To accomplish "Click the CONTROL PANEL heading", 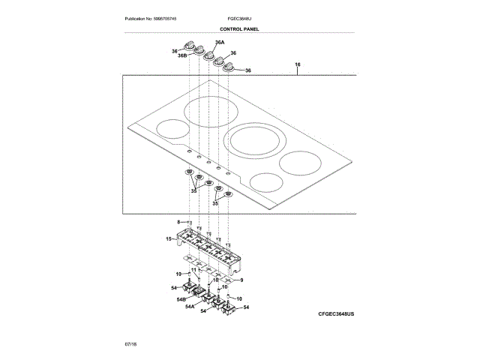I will click(239, 28).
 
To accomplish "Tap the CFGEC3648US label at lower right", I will click(331, 312).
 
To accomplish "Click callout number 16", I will click(298, 67).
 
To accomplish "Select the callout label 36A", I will click(220, 43).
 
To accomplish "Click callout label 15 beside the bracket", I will click(169, 238).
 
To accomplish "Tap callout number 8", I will click(179, 222).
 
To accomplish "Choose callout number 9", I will click(241, 279).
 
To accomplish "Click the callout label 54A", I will click(190, 307).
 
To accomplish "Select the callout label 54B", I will click(181, 299).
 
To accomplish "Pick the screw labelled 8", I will click(189, 223).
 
